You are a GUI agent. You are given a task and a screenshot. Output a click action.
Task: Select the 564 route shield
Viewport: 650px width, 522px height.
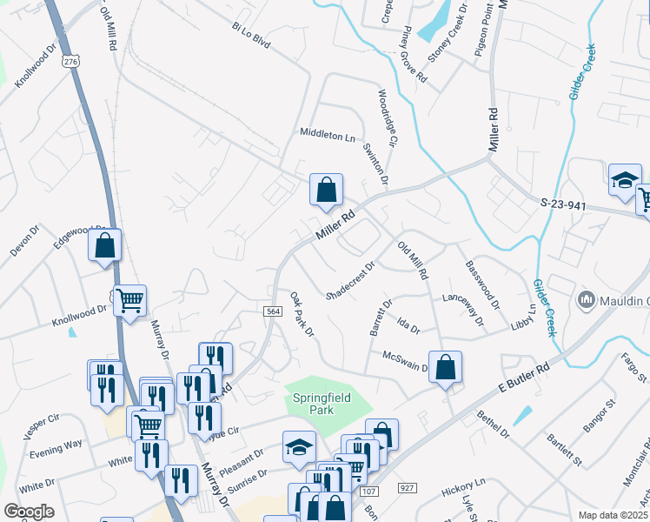pos(271,311)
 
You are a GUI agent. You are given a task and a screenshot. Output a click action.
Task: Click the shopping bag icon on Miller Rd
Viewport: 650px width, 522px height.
pos(326,190)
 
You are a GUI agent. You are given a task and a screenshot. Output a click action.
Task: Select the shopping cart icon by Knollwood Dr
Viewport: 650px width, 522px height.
pos(130,301)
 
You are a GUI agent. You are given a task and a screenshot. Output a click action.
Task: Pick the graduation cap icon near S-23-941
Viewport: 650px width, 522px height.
pos(625,180)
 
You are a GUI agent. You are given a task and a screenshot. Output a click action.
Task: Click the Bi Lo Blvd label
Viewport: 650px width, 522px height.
pos(251,39)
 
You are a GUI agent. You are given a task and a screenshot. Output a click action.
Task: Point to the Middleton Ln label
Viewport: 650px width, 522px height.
pos(328,136)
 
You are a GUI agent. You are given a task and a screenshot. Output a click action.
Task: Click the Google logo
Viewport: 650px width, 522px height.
pos(29,512)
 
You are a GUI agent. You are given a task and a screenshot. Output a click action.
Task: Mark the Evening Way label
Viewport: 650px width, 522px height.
pos(56,444)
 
